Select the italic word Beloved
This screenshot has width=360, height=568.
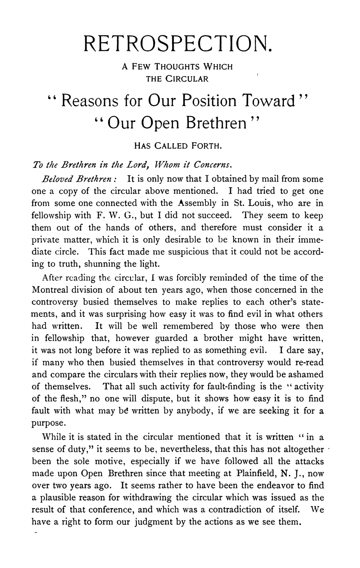(x=55, y=178)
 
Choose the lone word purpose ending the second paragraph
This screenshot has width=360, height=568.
(x=46, y=423)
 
